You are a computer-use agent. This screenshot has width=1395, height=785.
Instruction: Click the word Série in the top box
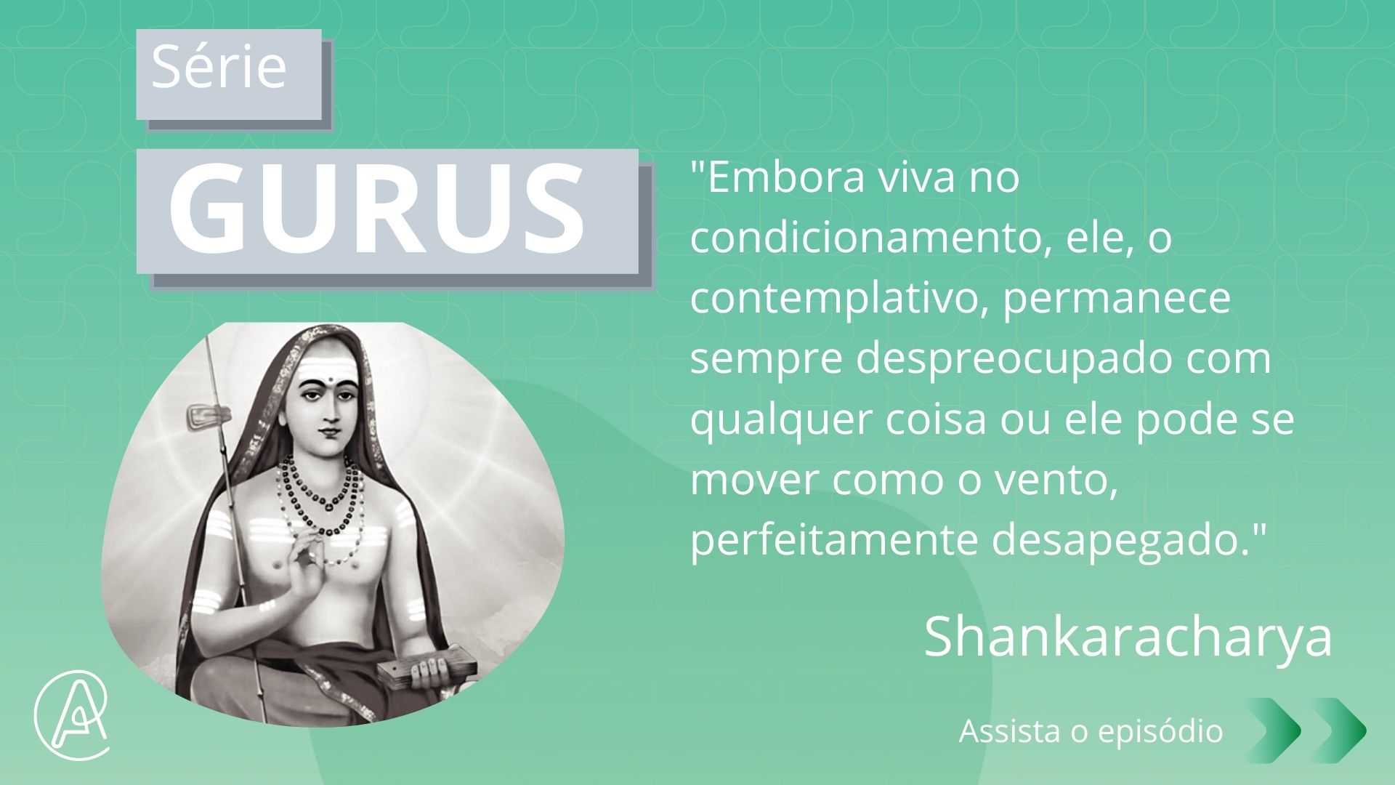point(219,67)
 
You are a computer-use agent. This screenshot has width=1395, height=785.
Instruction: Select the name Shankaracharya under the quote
point(1128,637)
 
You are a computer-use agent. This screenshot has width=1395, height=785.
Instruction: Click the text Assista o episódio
point(1091,730)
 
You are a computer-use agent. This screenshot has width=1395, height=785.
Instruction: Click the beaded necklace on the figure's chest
point(320,502)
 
